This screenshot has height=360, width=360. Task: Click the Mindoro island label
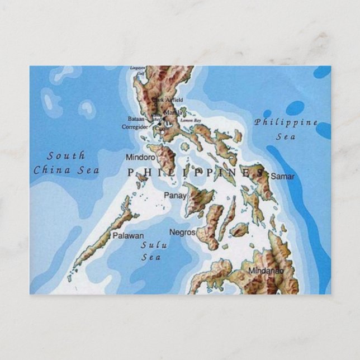coord(140,158)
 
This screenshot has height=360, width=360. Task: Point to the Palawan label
coord(128,236)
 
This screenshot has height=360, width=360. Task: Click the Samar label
coord(282,176)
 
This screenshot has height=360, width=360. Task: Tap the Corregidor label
coord(135,127)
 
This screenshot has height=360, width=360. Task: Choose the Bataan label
coord(136,119)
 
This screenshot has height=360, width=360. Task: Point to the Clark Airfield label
coord(170,100)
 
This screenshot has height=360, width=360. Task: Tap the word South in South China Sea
coord(66,155)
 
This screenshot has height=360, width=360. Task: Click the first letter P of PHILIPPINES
coord(131,173)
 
